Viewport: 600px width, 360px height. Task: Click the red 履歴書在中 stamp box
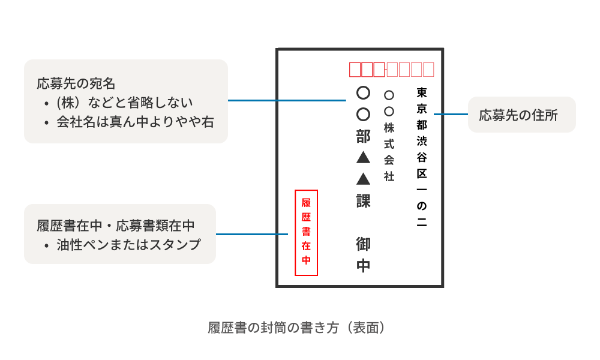point(306,232)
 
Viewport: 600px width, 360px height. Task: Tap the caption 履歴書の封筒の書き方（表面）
point(296,328)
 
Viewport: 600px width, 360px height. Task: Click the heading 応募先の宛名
point(76,83)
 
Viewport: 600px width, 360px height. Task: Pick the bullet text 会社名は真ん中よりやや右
point(135,122)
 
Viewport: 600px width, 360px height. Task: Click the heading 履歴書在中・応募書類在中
point(116,226)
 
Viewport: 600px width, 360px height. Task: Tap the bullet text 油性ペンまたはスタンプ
point(128,245)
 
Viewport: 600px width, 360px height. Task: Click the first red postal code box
point(355,70)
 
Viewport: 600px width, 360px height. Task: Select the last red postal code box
point(428,70)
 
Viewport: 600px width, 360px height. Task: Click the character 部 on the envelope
point(363,136)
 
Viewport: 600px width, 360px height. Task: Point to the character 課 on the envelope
point(363,200)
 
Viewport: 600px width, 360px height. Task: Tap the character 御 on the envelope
point(363,244)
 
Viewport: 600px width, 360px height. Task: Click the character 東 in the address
point(422,93)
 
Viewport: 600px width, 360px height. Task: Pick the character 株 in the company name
point(389,127)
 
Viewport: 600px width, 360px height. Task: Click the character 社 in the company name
point(389,176)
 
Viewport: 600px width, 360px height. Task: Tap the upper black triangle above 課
point(363,158)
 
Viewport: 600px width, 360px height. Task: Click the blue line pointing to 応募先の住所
point(450,114)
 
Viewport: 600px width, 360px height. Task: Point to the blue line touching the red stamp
point(255,234)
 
